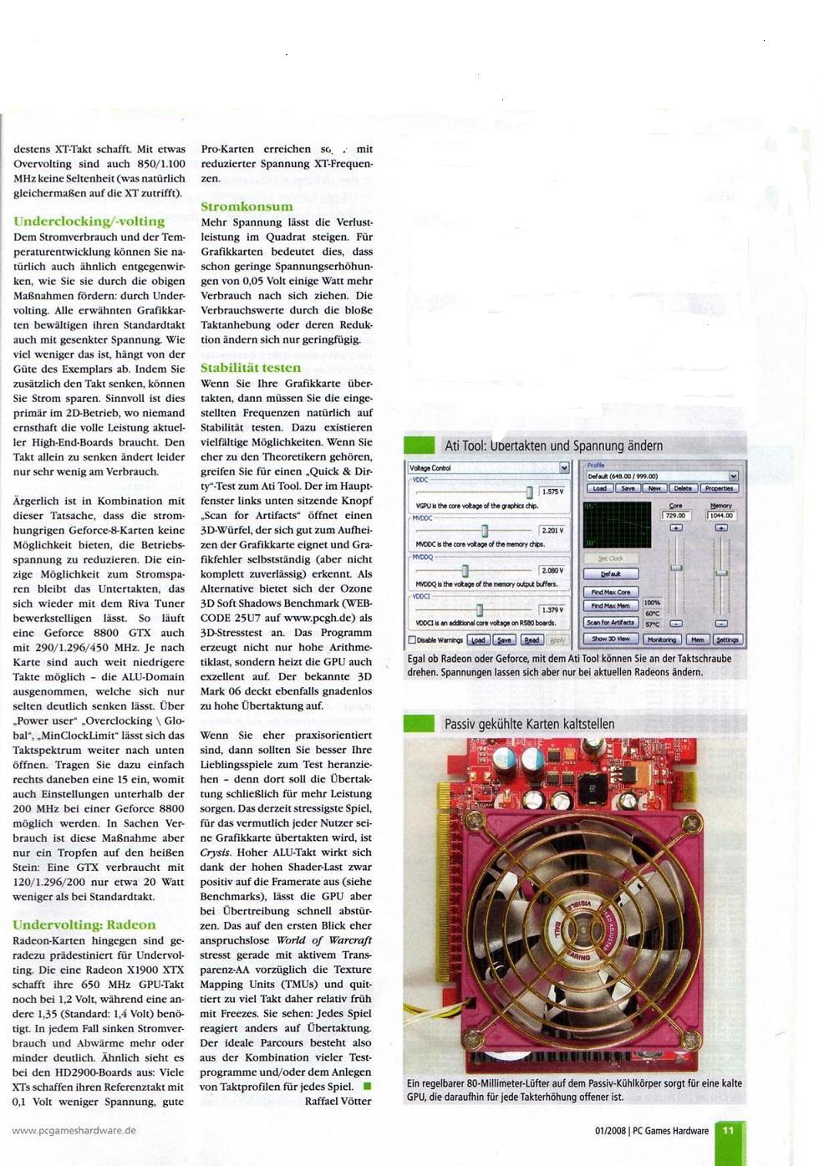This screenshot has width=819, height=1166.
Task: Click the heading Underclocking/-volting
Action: [x=89, y=221]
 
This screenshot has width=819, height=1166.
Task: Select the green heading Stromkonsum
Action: [x=247, y=206]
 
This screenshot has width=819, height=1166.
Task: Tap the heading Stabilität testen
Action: [x=250, y=368]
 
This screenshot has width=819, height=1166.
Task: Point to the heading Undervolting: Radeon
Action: [x=84, y=925]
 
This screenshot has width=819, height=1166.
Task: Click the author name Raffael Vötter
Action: [x=338, y=1101]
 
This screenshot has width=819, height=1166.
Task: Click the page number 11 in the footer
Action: [x=728, y=1131]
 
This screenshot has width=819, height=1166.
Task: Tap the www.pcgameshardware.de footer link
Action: [x=74, y=1130]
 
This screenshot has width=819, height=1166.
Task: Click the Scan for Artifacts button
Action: [x=611, y=622]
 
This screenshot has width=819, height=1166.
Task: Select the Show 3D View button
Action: [x=611, y=639]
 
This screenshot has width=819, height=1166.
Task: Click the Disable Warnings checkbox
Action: [x=412, y=640]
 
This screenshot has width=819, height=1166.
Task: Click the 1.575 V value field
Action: [x=552, y=492]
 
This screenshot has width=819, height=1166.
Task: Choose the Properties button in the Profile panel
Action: [x=719, y=488]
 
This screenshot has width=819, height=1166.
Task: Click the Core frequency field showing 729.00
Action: [x=675, y=516]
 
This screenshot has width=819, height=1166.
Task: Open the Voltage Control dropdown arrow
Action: [x=564, y=468]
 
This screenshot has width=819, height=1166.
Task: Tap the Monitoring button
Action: [x=662, y=639]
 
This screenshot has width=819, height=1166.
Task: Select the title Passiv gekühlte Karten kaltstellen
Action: [x=529, y=724]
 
